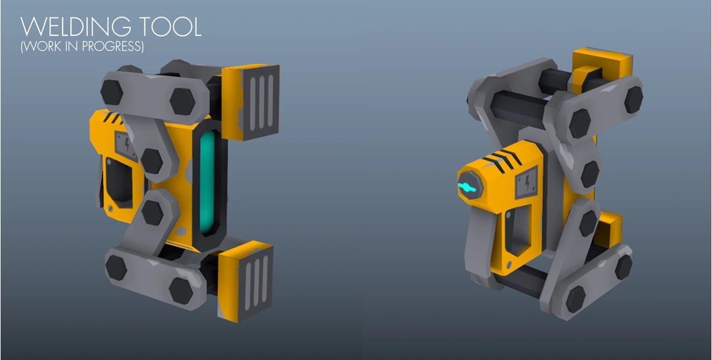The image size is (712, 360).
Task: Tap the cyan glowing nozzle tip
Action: coord(467,188)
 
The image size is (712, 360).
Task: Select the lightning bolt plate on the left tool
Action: coord(127,146)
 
